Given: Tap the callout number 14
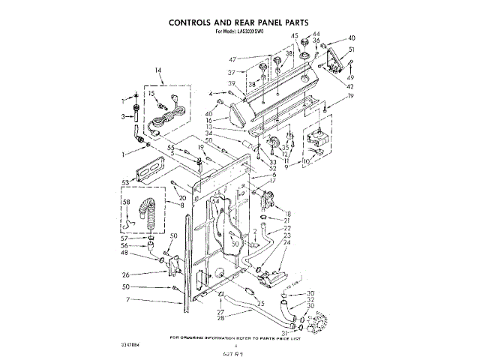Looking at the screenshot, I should tap(158, 71).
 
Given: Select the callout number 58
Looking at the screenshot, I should tap(127, 202).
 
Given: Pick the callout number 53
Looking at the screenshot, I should tap(124, 181).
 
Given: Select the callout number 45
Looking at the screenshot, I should tap(295, 35).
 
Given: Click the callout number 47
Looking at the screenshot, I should tap(233, 59).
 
